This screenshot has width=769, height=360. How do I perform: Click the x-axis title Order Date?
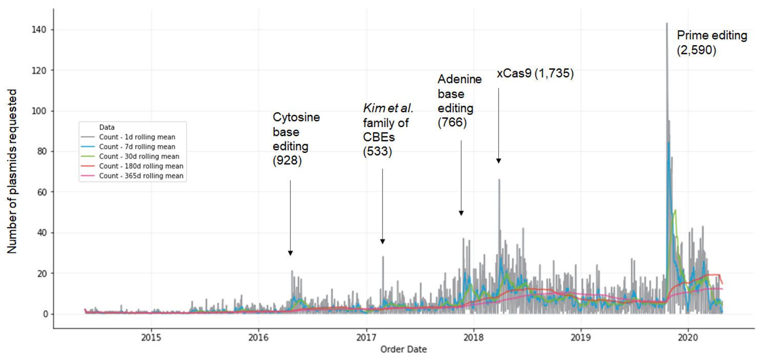coord(403,350)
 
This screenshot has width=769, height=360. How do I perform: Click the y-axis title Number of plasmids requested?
coord(12,171)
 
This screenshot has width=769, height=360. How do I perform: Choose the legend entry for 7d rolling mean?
coord(137,147)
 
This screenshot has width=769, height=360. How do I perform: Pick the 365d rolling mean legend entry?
coord(141,176)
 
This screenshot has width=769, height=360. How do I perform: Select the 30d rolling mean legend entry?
coord(139,156)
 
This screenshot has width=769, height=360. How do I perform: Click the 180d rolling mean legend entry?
coord(141,166)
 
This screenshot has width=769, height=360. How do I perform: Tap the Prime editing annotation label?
coord(712,36)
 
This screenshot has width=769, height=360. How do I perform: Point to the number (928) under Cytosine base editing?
coord(287,162)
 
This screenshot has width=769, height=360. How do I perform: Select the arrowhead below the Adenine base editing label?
coord(461,213)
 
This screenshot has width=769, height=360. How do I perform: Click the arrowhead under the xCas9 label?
coord(498,161)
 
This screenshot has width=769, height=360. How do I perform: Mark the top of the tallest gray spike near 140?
coord(666,23)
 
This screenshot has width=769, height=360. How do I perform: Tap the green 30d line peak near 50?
coord(675,210)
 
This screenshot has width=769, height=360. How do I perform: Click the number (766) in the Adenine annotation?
coord(452,124)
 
